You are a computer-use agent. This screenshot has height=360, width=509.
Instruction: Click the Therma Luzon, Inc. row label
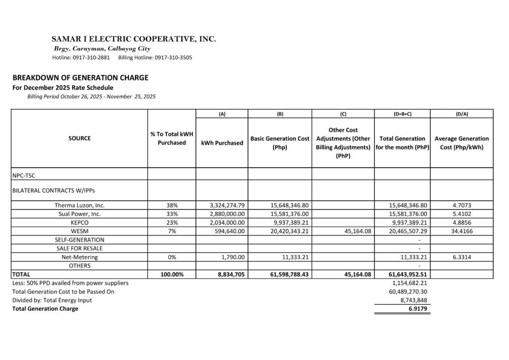(x=80, y=205)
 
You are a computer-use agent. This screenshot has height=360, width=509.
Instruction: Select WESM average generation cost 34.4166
(x=462, y=231)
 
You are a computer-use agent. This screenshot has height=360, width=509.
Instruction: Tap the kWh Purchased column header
(x=222, y=143)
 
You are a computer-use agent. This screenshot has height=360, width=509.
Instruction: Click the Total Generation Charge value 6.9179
(x=417, y=309)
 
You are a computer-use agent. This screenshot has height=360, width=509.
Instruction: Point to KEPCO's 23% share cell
(x=171, y=222)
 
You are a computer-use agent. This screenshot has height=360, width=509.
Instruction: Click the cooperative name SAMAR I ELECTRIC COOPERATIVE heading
(x=134, y=39)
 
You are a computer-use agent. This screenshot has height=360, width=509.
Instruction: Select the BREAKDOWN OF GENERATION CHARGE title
(x=81, y=78)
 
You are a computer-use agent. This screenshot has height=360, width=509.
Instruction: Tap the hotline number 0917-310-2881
(x=92, y=58)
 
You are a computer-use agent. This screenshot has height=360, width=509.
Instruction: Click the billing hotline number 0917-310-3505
(x=173, y=58)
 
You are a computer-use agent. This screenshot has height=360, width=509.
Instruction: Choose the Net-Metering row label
(x=80, y=257)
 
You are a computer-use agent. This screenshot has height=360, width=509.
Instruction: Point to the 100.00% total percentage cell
(x=171, y=274)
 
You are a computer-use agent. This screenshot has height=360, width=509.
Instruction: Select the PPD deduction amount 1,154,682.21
(x=410, y=283)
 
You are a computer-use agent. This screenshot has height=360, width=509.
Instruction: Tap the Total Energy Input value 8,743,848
(x=414, y=300)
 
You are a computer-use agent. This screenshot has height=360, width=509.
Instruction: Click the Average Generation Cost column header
(x=462, y=143)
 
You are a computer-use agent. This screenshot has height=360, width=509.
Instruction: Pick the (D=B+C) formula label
(x=402, y=114)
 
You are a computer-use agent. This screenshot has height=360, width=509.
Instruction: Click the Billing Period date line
(x=91, y=96)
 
